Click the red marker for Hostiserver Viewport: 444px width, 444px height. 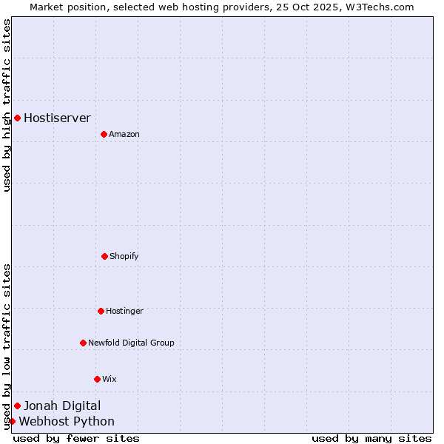click(x=17, y=118)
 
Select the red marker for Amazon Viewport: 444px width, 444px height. click(x=104, y=134)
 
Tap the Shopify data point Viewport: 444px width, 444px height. click(x=104, y=256)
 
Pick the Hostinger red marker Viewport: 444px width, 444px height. click(x=101, y=311)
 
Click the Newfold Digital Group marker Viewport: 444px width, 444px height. click(x=83, y=343)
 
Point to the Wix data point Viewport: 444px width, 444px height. click(x=97, y=379)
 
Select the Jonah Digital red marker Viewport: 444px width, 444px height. click(x=17, y=406)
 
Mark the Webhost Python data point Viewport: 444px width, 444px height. click(x=12, y=421)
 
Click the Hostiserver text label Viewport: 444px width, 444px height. click(x=58, y=118)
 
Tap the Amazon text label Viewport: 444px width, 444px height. click(x=124, y=134)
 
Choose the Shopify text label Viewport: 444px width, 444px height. click(x=124, y=256)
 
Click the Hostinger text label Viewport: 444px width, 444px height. click(x=124, y=311)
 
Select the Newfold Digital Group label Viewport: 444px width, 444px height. click(x=131, y=343)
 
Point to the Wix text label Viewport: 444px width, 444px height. click(x=110, y=379)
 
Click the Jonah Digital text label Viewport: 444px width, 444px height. click(x=62, y=406)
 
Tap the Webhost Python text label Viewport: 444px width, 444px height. click(x=67, y=422)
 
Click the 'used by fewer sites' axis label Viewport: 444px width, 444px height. click(x=76, y=438)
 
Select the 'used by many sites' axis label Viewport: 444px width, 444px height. click(x=371, y=438)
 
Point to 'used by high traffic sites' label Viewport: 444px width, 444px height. click(x=7, y=105)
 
